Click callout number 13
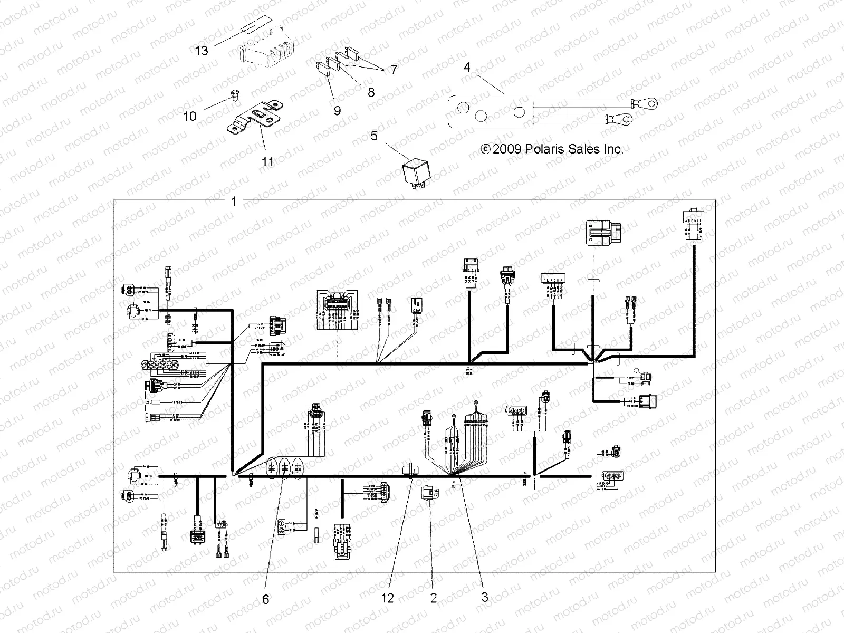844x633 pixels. point(202,51)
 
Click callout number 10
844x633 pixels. point(190,116)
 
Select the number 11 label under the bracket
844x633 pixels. point(268,162)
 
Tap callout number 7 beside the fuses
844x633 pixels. point(394,70)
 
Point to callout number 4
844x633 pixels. point(467,68)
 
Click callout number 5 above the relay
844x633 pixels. point(374,136)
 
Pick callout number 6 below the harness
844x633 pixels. point(265,599)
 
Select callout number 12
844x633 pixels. point(388,598)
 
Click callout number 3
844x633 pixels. point(485,598)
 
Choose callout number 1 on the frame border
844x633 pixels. point(234,201)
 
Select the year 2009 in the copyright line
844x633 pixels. point(507,149)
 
